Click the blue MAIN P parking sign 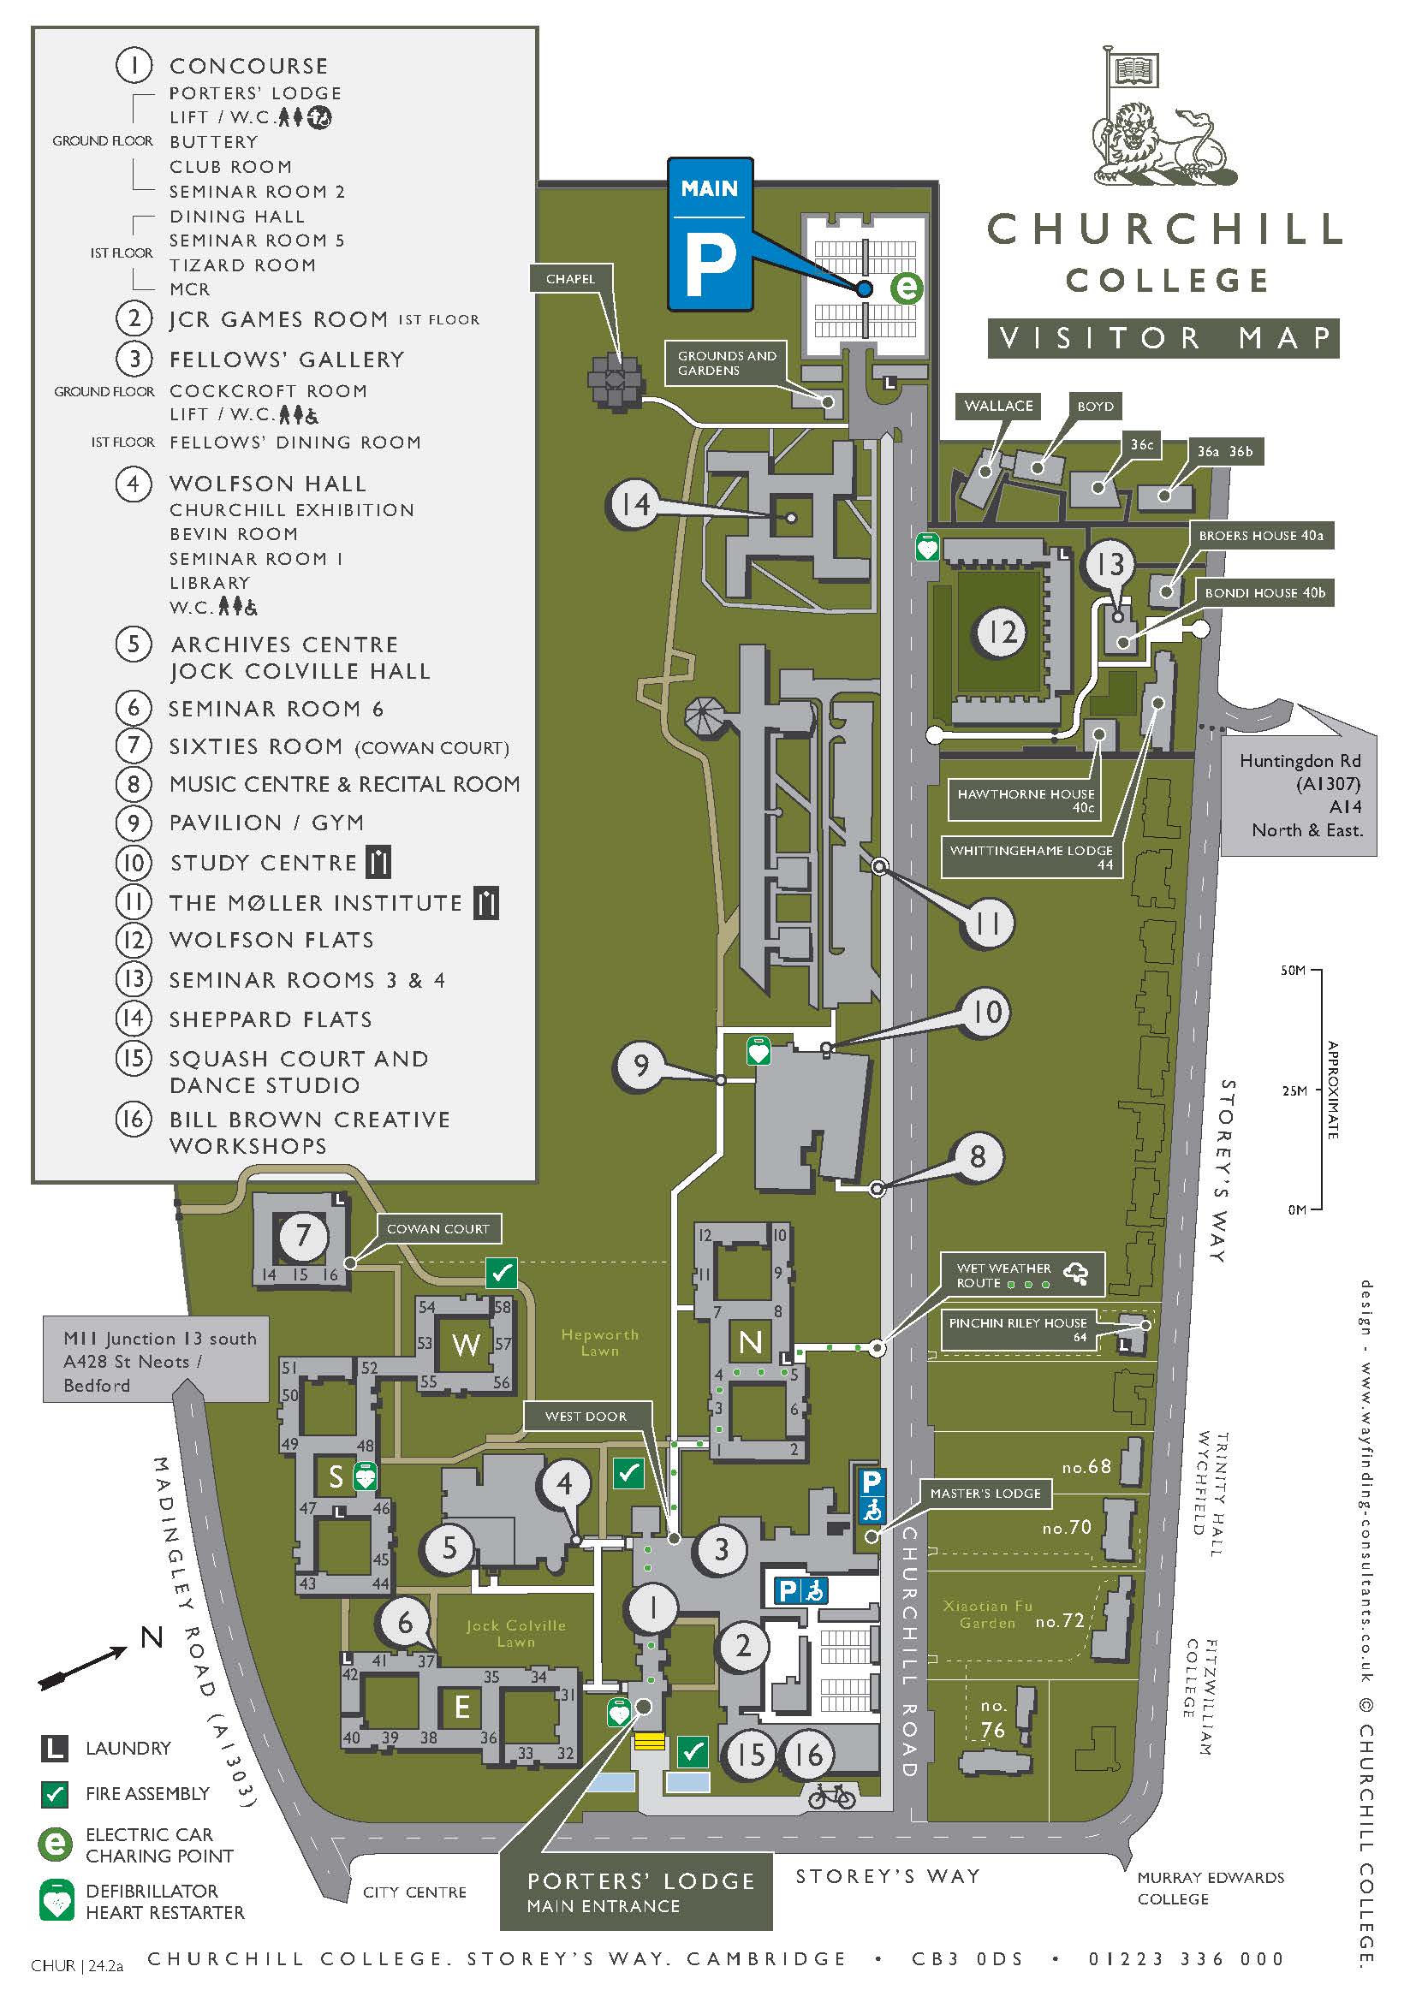pyautogui.click(x=710, y=234)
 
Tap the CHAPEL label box pyautogui.click(x=570, y=279)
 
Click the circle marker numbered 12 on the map pyautogui.click(x=1001, y=632)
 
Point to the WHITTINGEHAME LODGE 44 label pyautogui.click(x=1031, y=856)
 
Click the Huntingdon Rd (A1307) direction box pyautogui.click(x=1300, y=794)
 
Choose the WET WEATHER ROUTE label pyautogui.click(x=1022, y=1274)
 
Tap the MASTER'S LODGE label pyautogui.click(x=985, y=1493)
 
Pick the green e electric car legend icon pyautogui.click(x=55, y=1845)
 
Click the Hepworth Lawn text pyautogui.click(x=600, y=1342)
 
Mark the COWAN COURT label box pyautogui.click(x=437, y=1228)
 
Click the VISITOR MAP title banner pyautogui.click(x=1163, y=338)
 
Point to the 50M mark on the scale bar pyautogui.click(x=1294, y=971)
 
